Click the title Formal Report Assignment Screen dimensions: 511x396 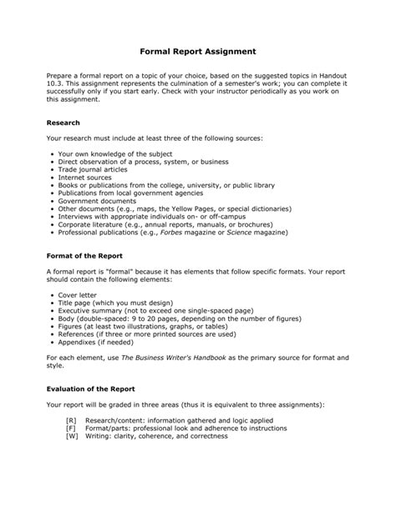(197, 51)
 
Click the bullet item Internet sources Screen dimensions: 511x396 (86, 178)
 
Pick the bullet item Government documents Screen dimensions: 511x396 (99, 201)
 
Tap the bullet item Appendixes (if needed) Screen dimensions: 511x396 (99, 342)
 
